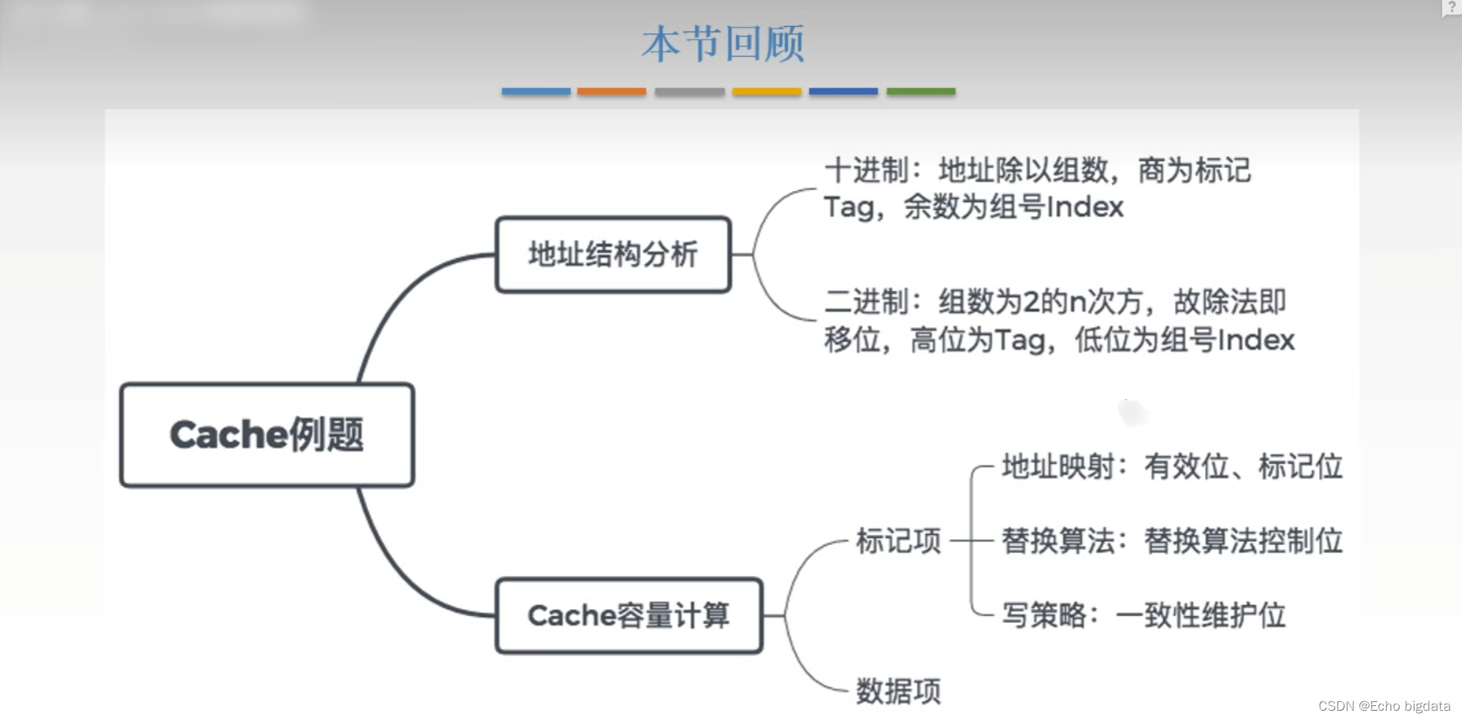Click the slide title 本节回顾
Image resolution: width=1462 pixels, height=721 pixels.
[722, 43]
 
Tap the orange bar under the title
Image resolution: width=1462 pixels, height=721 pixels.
[611, 92]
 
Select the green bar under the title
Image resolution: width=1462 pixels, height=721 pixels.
[920, 92]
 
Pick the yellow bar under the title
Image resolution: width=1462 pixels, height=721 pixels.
[766, 92]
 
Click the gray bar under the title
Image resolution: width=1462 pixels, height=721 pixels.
[689, 92]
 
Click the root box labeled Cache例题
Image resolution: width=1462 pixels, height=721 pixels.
[267, 435]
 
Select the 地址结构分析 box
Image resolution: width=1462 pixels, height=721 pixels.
[613, 255]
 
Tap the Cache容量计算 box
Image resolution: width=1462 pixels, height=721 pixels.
[628, 615]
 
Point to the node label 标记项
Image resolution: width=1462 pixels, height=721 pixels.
[898, 541]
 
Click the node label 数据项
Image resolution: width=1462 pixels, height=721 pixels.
[898, 691]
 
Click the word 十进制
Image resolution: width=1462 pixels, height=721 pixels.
[867, 170]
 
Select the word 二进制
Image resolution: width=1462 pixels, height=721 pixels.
[867, 301]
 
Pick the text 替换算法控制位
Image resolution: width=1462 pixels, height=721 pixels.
[1243, 541]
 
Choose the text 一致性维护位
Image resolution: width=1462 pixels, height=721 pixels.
[1200, 615]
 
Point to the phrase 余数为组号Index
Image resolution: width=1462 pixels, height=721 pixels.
[1013, 207]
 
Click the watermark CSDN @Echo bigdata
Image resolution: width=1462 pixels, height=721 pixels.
[1384, 706]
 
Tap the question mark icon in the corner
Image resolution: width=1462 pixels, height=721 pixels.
[1451, 7]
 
